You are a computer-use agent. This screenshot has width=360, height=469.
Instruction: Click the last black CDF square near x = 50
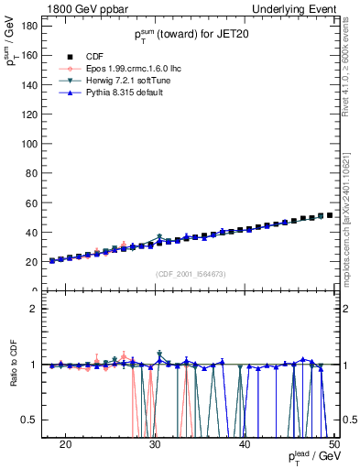[330, 215]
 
